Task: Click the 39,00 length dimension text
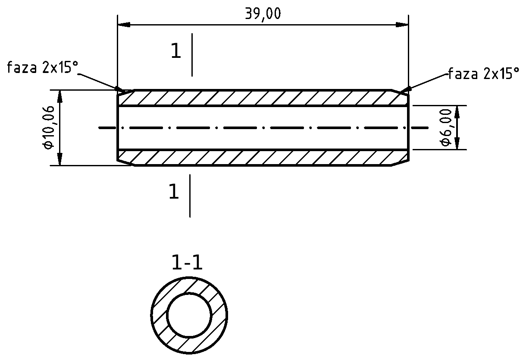(x=263, y=14)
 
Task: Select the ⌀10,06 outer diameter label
(x=48, y=127)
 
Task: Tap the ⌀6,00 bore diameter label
(x=446, y=127)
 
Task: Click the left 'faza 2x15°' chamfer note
(x=43, y=67)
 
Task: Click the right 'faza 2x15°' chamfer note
(x=484, y=73)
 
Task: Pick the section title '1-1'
(x=187, y=263)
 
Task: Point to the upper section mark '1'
(x=176, y=51)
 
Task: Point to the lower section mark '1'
(x=174, y=192)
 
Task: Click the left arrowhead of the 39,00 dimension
(x=124, y=25)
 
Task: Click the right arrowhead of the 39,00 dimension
(x=402, y=25)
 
